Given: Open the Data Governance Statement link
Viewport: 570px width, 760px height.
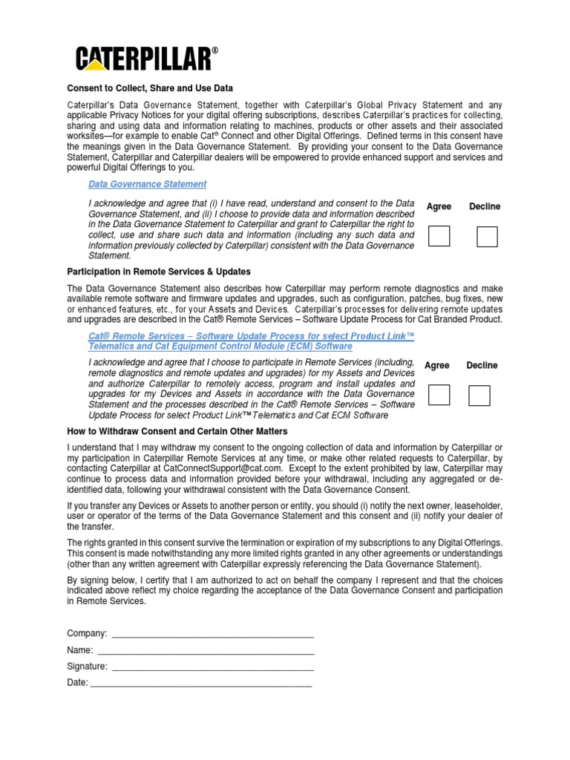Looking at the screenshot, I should (147, 184).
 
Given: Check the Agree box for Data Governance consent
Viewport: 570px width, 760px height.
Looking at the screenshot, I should (439, 236).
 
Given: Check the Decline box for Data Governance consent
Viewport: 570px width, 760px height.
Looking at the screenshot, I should (487, 236).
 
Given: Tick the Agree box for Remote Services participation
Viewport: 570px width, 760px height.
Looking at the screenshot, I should (439, 395).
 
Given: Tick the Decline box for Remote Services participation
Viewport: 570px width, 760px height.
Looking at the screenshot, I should (479, 396).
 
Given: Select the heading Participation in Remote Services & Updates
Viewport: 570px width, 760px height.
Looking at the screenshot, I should (159, 271).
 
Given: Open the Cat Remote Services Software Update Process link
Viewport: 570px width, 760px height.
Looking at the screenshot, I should (251, 341).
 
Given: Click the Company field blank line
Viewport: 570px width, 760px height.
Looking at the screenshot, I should (212, 635).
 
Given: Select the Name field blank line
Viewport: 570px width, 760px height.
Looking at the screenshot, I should (205, 651).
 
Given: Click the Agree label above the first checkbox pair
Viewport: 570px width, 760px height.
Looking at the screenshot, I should (439, 206).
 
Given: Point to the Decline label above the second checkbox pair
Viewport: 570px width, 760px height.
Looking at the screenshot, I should (482, 365).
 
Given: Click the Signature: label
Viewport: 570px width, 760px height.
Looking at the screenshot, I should (87, 666).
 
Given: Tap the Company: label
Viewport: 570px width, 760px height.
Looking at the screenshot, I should (87, 634).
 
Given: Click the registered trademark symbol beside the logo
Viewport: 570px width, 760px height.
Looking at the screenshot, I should (215, 50).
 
